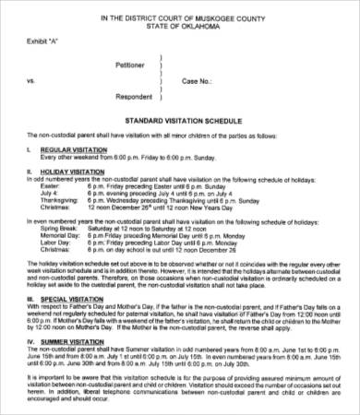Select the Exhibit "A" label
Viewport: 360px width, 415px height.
45,43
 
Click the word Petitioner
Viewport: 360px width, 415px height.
130,65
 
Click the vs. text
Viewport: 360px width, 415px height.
31,80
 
